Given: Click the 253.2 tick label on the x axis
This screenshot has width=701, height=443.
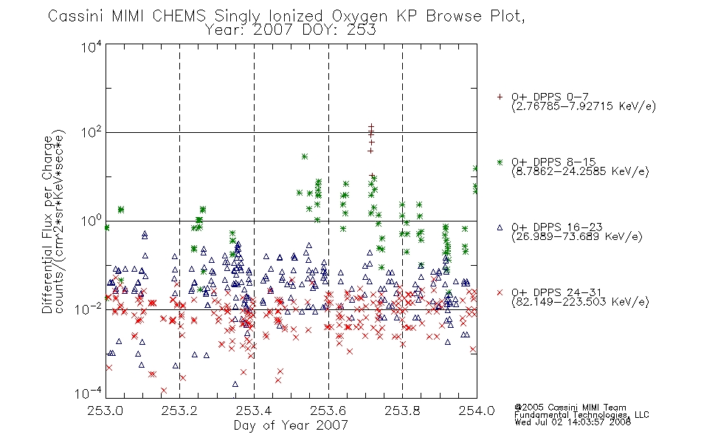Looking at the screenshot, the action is pos(180,411).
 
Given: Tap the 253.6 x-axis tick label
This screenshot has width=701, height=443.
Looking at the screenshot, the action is pos(328,411).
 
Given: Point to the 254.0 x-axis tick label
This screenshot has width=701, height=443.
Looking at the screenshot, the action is pos(477,411).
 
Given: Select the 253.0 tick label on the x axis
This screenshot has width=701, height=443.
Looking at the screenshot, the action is pos(106,411).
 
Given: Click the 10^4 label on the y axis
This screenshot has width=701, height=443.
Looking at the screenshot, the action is pos(91,47).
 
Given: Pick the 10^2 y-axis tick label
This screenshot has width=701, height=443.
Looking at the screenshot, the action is pos(91,132).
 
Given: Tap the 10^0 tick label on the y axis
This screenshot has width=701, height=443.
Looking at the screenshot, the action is pos(91,221).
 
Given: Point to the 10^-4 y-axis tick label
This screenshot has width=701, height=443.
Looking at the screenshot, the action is pos(88,394).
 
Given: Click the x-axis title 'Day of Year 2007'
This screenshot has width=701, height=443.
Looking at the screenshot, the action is pos(291,425).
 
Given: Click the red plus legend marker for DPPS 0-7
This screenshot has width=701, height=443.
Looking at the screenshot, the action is pos(500,97).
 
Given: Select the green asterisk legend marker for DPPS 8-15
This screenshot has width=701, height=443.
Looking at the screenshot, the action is pos(500,162).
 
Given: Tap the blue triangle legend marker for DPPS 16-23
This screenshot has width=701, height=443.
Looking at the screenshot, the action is pos(500,227).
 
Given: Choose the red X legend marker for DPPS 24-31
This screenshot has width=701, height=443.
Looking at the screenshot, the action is pos(500,292).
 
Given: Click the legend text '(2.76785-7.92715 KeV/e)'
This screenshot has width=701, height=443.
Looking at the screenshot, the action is pos(584,106).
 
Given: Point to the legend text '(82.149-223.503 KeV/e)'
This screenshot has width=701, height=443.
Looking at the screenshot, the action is pos(580,302).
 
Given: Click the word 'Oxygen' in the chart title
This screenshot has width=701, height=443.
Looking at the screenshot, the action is pos(360,16).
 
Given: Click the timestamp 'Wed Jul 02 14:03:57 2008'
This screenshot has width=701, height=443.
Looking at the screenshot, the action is pos(573,422).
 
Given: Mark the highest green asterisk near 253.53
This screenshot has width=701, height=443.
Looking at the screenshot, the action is pos(305,157).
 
